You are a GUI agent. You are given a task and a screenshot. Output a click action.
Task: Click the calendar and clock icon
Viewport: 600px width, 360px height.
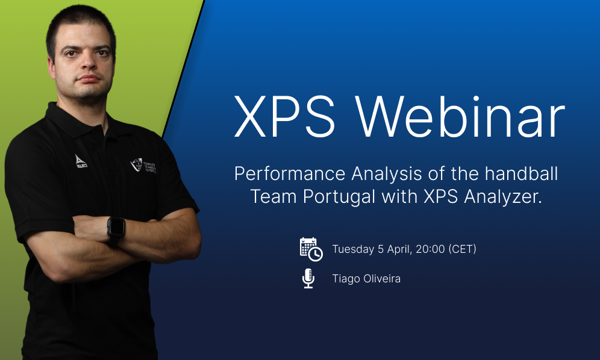click(311, 249)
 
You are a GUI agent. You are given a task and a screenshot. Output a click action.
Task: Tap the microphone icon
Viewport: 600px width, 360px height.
click(308, 278)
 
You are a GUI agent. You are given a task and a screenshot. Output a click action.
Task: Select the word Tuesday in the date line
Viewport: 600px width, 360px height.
click(354, 249)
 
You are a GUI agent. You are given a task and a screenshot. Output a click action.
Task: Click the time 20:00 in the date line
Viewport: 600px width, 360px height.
click(429, 249)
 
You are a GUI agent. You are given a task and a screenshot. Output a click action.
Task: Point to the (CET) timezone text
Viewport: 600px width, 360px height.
click(462, 249)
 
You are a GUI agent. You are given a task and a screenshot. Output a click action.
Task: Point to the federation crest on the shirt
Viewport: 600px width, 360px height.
click(137, 164)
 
